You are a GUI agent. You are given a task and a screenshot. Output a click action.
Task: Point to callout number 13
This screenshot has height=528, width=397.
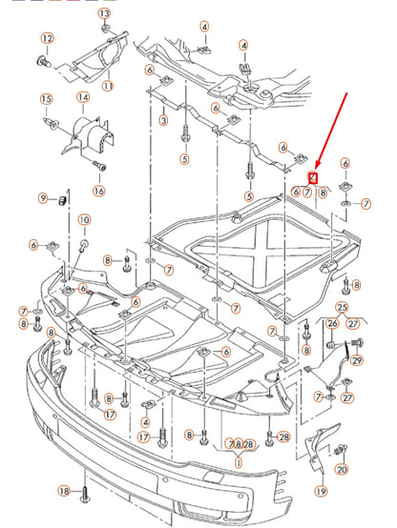click(x=104, y=16)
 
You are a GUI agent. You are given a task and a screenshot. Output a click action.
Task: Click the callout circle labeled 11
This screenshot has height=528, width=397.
click(x=108, y=86)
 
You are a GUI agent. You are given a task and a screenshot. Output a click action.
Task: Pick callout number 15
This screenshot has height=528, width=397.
click(x=46, y=99)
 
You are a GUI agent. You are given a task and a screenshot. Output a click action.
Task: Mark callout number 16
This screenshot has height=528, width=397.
click(x=99, y=190)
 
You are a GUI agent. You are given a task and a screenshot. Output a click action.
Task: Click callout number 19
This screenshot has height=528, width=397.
click(x=321, y=491)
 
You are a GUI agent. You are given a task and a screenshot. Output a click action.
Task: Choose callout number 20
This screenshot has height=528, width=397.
click(x=343, y=470)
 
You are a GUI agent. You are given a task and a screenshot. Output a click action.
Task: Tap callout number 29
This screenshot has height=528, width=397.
click(x=357, y=359)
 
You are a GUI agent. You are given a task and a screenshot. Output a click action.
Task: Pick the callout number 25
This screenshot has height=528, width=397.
click(x=342, y=306)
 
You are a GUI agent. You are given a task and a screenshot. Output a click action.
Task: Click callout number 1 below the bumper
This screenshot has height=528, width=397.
click(x=238, y=462)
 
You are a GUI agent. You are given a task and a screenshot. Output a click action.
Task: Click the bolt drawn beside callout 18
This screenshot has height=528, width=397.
click(x=84, y=495)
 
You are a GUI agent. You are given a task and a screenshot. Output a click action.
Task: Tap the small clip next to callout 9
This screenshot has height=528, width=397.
click(x=60, y=198)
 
